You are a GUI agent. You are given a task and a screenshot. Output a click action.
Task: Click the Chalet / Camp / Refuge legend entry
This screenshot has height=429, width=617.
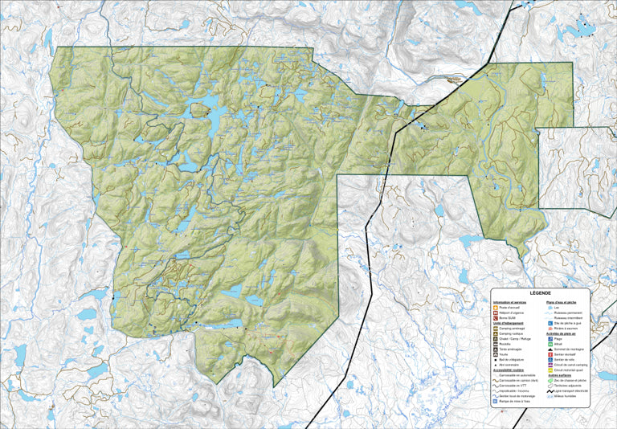tap(519, 339)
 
